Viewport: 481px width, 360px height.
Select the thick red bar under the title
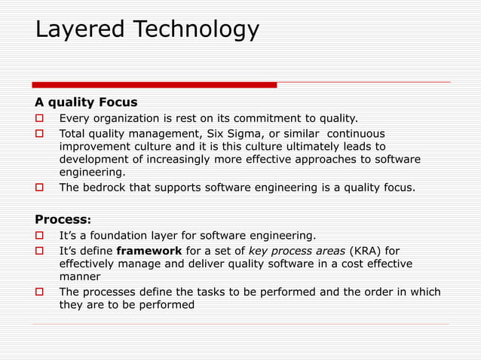154,84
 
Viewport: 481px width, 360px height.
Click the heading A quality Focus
86,102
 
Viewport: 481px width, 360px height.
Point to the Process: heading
63,219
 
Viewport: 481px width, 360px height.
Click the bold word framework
149,250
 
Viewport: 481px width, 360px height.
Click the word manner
79,277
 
